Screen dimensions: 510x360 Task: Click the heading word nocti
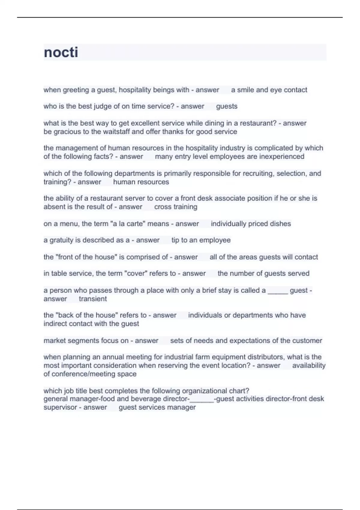(61, 52)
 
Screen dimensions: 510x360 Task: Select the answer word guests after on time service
(227, 106)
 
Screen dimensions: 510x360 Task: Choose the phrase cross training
(176, 207)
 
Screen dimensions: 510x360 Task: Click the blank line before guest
(278, 291)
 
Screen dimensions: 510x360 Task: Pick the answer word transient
(93, 299)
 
